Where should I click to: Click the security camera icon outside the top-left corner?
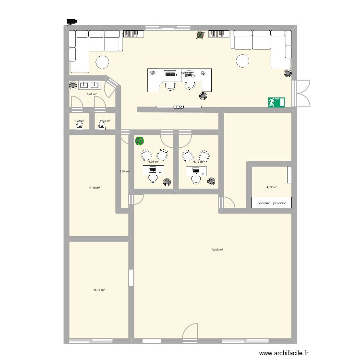pos(72,21)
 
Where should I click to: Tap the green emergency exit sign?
pos(276,102)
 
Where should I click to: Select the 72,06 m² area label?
pos(217,250)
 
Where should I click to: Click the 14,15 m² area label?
pos(94,188)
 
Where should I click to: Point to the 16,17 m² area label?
pos(99,290)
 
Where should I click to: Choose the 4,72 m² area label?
pos(272,188)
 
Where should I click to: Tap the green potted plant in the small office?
pos(139,141)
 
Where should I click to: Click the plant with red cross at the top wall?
pos(200,35)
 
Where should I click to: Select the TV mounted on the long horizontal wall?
pos(179,107)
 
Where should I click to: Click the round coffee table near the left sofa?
pos(102,61)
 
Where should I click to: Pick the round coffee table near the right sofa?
pos(242,60)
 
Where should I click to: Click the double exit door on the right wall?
pos(302,93)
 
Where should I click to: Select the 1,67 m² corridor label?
pos(125,171)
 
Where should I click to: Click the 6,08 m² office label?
pos(153,162)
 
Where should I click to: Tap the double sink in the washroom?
pos(89,85)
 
